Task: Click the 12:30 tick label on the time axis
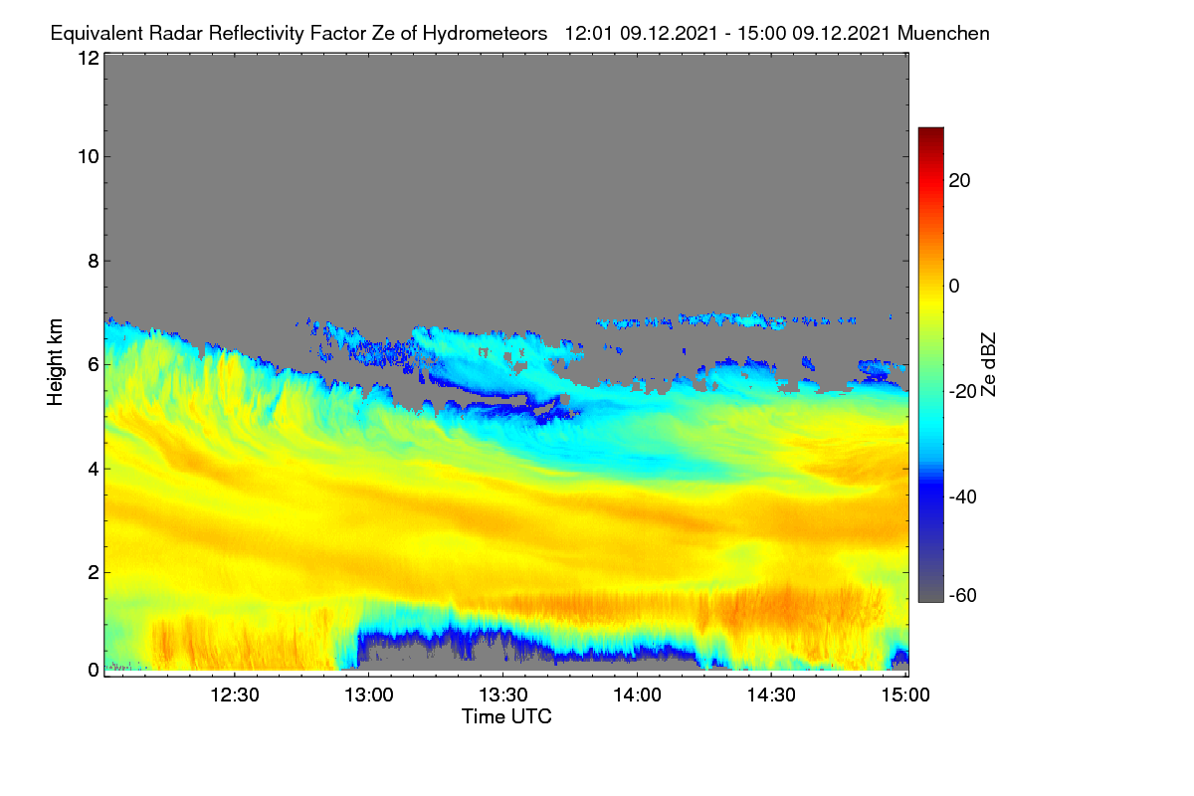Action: (x=235, y=696)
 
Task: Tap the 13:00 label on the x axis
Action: (x=369, y=696)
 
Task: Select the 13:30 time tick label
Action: (x=503, y=696)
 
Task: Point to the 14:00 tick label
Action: (x=637, y=696)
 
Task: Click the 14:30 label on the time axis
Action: (x=771, y=696)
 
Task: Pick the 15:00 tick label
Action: (x=905, y=696)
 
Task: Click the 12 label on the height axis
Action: (x=89, y=58)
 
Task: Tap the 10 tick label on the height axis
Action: (x=89, y=157)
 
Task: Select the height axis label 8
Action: (x=94, y=261)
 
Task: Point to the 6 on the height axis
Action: (x=94, y=365)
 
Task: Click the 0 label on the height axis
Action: (x=94, y=670)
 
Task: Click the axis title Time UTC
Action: (x=506, y=716)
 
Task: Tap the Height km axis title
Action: (x=55, y=362)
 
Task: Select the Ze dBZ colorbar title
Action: (x=988, y=365)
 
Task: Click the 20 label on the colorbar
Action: (x=959, y=181)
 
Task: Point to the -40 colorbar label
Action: (x=963, y=497)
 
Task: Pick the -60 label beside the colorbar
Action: (x=963, y=596)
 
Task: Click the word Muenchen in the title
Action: (x=943, y=33)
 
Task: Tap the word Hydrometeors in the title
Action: (x=486, y=34)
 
